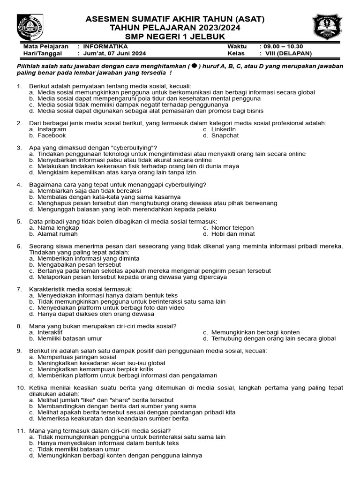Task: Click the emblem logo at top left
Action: pyautogui.click(x=30, y=27)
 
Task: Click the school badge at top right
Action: pyautogui.click(x=328, y=27)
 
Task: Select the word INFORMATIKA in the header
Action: pyautogui.click(x=105, y=47)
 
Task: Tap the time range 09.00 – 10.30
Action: pyautogui.click(x=284, y=47)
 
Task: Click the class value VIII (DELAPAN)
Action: pyautogui.click(x=287, y=53)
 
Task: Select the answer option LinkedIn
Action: pyautogui.click(x=224, y=129)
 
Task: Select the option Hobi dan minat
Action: pyautogui.click(x=233, y=233)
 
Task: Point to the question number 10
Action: pyautogui.click(x=20, y=388)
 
